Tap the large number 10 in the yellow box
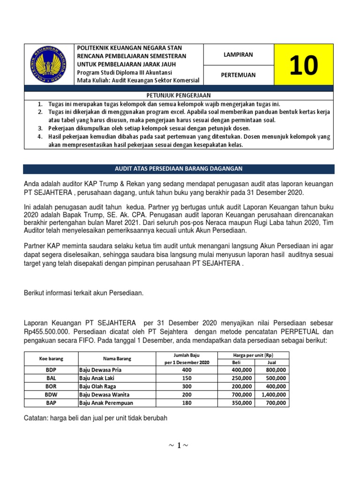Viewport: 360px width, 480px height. point(303,65)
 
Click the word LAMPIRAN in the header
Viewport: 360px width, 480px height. point(238,55)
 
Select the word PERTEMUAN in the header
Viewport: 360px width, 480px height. point(238,75)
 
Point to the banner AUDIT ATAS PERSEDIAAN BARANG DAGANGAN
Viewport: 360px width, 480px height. point(179,168)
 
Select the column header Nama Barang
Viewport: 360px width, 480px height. point(118,359)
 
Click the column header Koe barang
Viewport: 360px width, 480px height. point(51,359)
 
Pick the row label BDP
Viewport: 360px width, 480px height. point(51,370)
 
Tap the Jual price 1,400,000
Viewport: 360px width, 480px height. point(272,395)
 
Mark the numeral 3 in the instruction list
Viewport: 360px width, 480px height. point(40,128)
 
